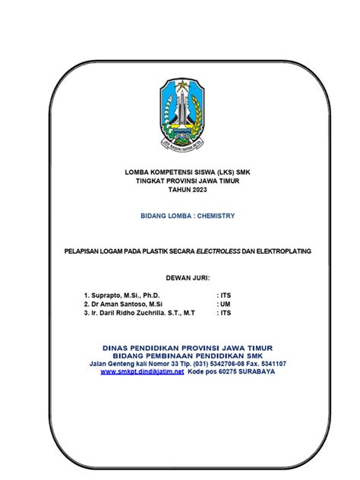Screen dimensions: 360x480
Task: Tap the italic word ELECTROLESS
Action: coord(216,250)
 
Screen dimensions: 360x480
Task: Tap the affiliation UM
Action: coord(224,302)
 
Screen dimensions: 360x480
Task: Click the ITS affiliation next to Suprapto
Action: coord(225,292)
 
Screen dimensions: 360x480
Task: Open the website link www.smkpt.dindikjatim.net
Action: coord(142,372)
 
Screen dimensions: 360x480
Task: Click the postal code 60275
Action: coord(219,372)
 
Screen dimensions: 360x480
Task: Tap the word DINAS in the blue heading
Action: coord(118,347)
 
